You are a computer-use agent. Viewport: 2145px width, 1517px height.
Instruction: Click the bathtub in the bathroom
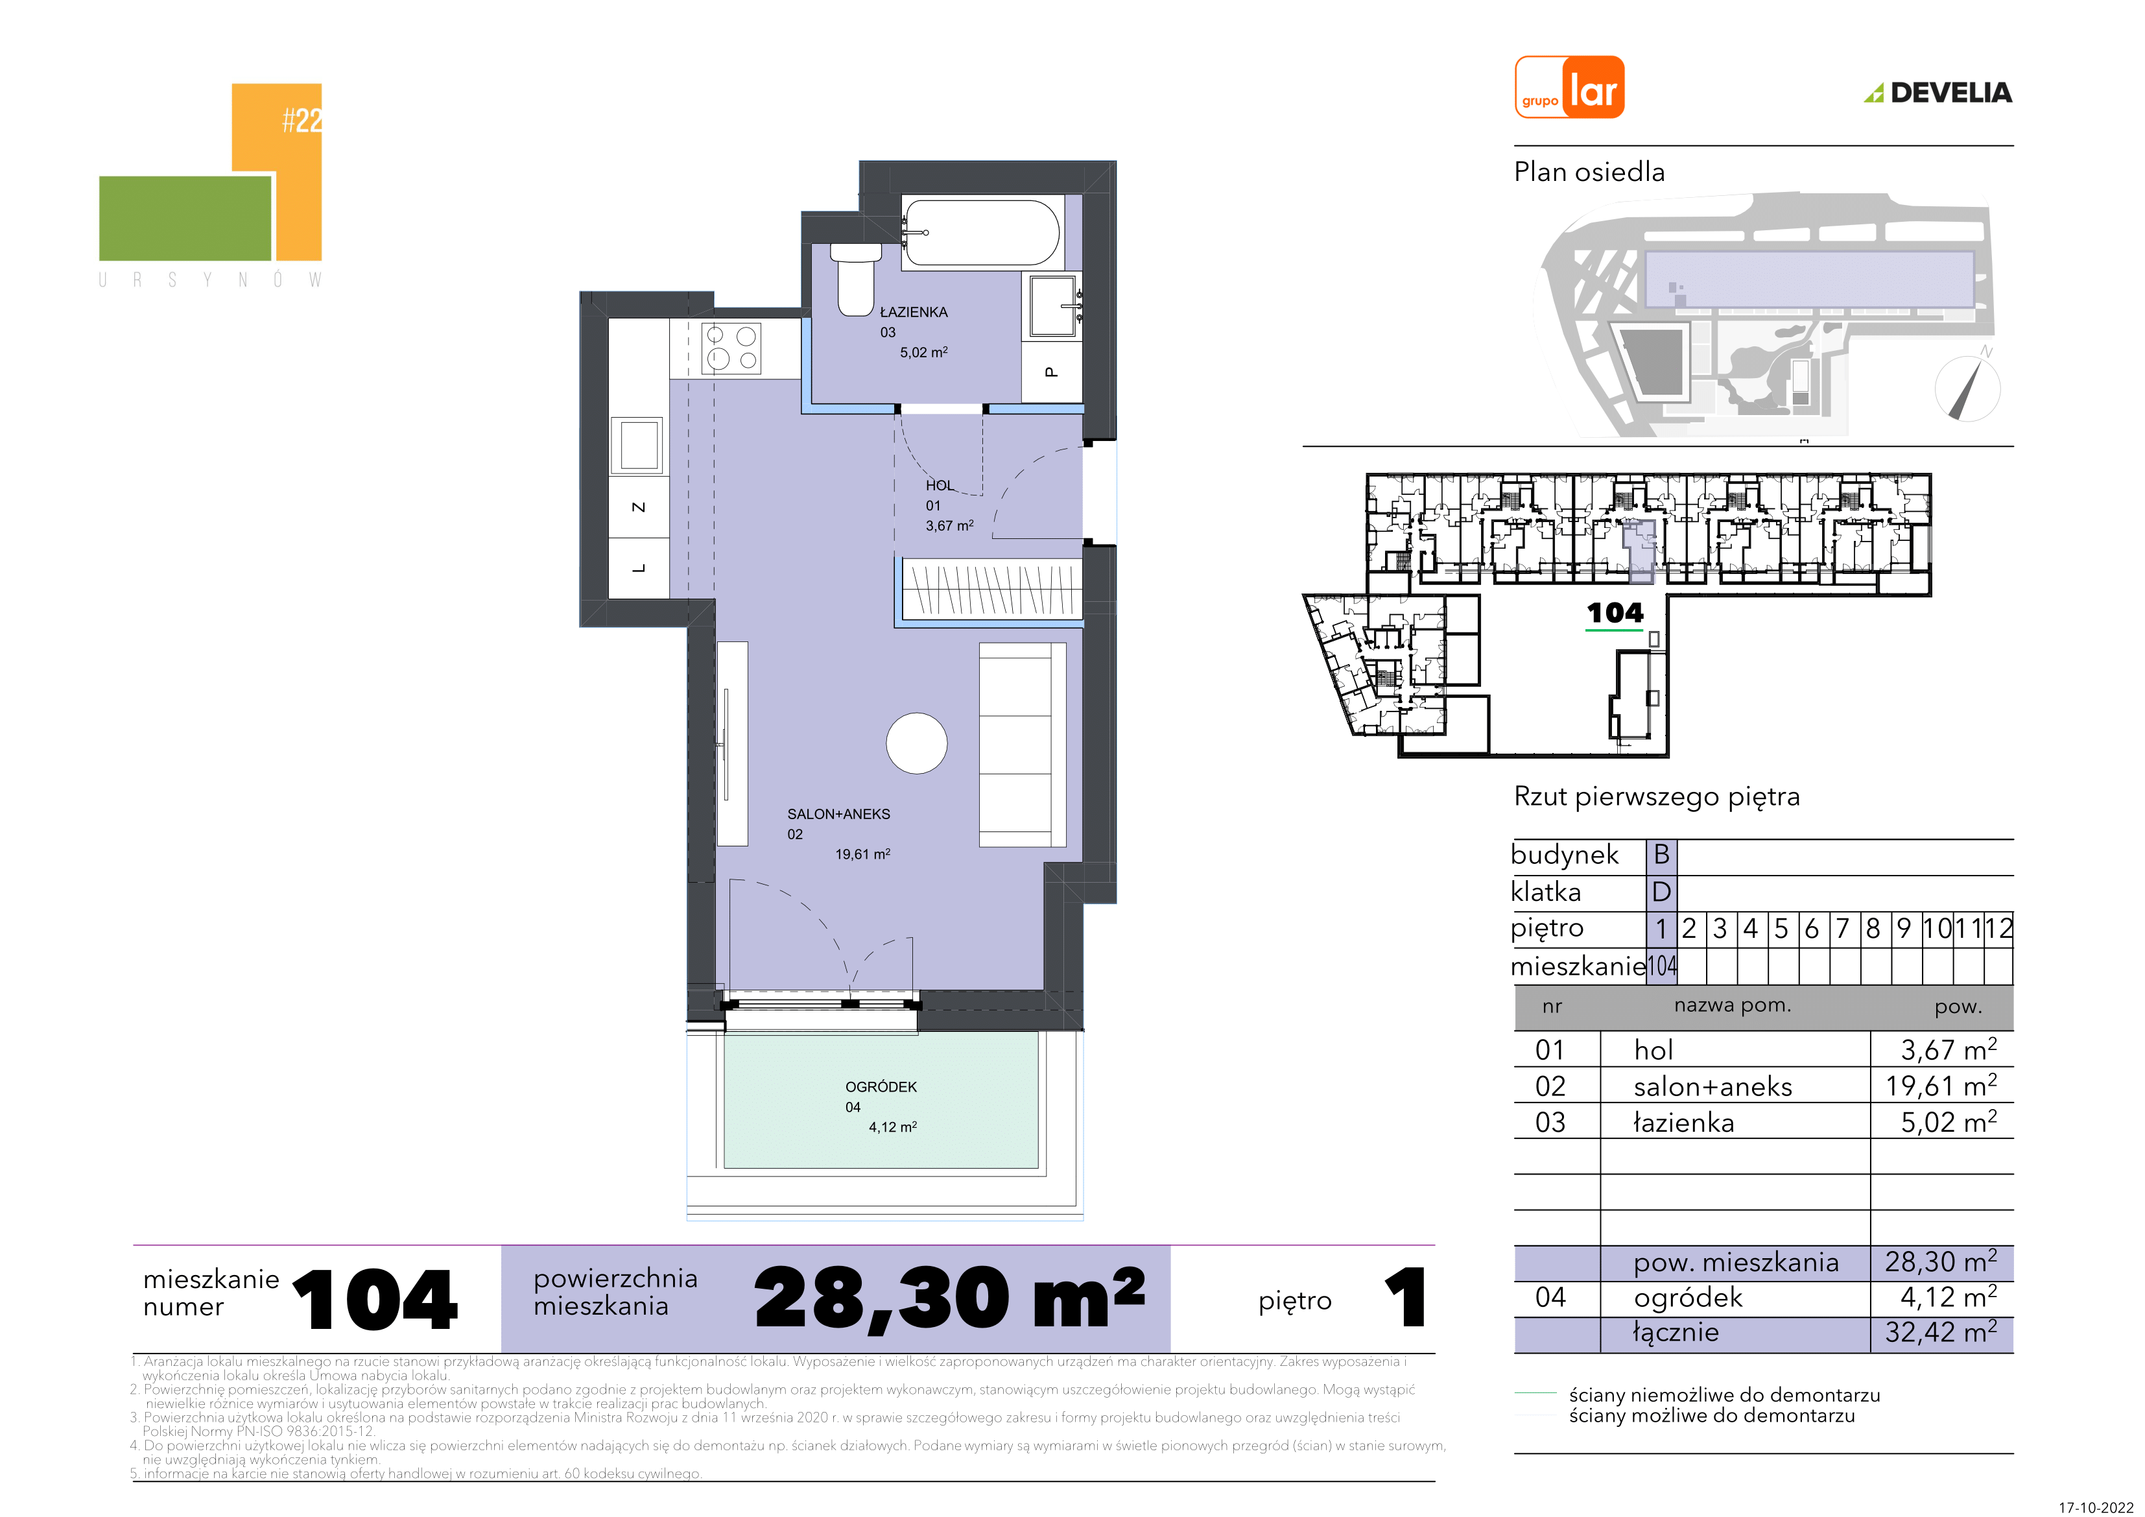click(x=981, y=233)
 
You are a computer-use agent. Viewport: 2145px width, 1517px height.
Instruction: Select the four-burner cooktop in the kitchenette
click(x=731, y=348)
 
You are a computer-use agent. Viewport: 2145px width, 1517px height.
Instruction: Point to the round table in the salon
click(x=916, y=743)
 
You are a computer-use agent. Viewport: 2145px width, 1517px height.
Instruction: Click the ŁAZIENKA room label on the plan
click(x=914, y=312)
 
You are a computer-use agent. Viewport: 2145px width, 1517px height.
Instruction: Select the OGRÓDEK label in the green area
click(x=881, y=1087)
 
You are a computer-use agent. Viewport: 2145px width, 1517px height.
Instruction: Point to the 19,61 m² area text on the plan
click(x=862, y=854)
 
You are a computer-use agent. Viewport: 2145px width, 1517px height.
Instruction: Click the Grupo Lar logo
click(x=1569, y=88)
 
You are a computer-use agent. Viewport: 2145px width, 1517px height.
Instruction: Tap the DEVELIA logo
click(x=1939, y=93)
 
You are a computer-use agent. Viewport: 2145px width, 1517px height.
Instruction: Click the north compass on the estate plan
click(x=1967, y=386)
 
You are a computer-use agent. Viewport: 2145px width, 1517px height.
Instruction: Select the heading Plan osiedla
click(x=1589, y=172)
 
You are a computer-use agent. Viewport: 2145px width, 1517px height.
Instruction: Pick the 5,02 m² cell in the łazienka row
click(x=1949, y=1121)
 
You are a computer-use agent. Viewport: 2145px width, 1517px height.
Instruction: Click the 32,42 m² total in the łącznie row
click(x=1940, y=1332)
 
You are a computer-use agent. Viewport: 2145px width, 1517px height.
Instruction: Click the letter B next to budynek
click(x=1661, y=854)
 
